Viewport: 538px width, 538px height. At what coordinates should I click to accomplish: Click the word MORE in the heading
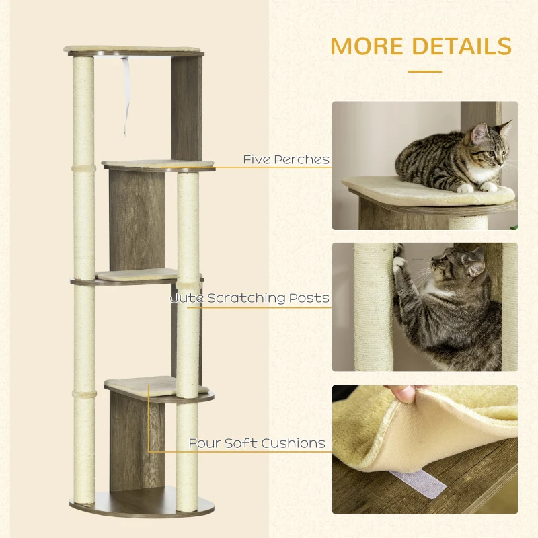pyautogui.click(x=368, y=46)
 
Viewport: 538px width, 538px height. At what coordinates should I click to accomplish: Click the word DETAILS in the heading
pyautogui.click(x=461, y=46)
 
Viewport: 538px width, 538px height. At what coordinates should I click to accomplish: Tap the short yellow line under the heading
pyautogui.click(x=424, y=71)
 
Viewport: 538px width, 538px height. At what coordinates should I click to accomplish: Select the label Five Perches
pyautogui.click(x=286, y=160)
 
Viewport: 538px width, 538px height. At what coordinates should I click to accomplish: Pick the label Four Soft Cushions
pyautogui.click(x=257, y=443)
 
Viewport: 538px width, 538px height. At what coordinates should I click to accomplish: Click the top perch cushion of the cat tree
pyautogui.click(x=134, y=50)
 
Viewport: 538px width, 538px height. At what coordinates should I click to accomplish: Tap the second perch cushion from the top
pyautogui.click(x=158, y=163)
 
